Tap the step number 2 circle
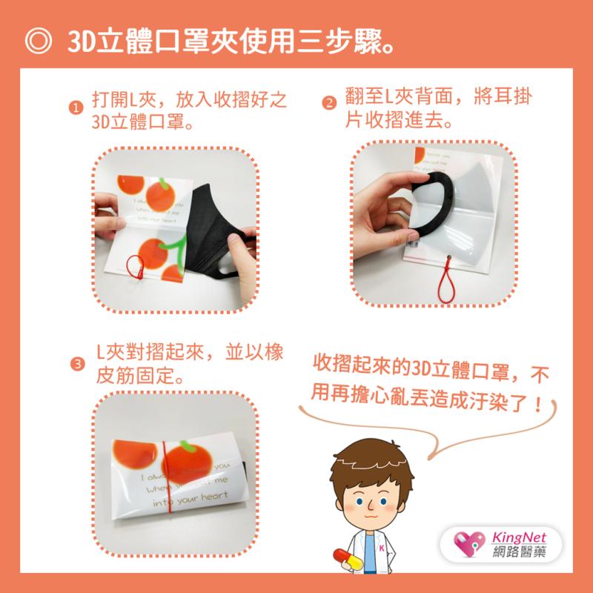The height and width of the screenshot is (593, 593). [328, 104]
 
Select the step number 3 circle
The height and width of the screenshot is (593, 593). [76, 364]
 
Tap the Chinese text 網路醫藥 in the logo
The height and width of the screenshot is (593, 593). [520, 552]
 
